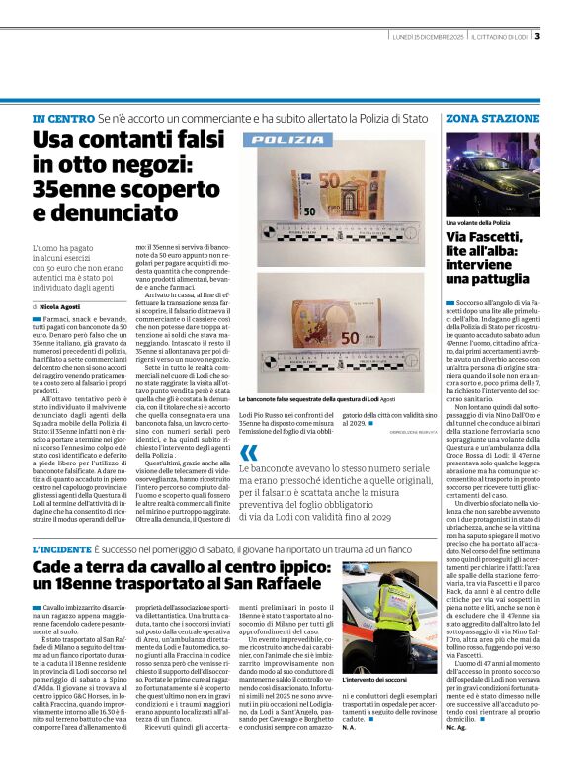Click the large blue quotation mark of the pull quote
(246, 455)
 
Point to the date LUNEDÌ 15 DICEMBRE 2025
(427, 37)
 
